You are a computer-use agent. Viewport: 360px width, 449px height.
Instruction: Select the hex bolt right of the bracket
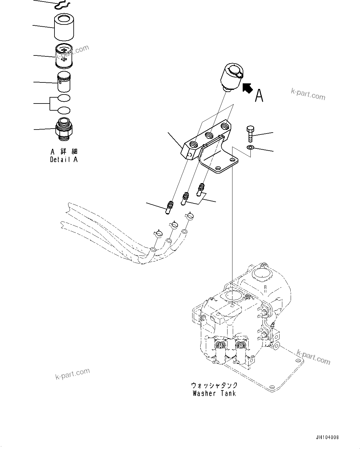click(250, 133)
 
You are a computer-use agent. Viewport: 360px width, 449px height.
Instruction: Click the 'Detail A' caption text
click(64, 160)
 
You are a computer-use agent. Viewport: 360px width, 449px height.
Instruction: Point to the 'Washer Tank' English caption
click(214, 394)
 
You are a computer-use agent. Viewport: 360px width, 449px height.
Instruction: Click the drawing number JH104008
click(327, 438)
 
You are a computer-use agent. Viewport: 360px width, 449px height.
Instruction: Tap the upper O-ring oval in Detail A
click(64, 98)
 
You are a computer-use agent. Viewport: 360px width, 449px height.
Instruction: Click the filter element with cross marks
click(64, 56)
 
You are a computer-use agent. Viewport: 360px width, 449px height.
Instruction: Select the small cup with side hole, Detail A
click(64, 82)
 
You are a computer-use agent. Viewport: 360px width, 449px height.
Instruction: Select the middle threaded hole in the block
click(209, 135)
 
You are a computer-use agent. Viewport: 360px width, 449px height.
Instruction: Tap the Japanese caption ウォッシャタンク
click(214, 385)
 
